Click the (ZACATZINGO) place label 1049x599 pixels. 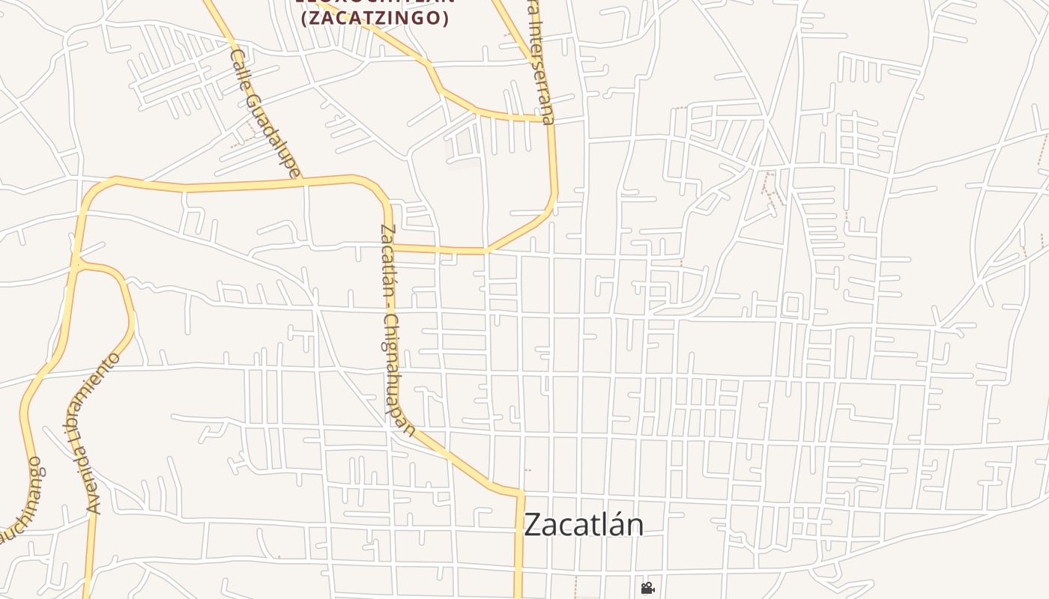[375, 18]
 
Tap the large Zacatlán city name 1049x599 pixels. [583, 524]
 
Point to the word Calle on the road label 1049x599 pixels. [241, 71]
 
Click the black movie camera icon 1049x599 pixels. [647, 589]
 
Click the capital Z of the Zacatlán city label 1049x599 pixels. [532, 524]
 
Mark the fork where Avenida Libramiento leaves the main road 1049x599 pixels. [76, 264]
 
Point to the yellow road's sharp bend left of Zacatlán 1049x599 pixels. [519, 493]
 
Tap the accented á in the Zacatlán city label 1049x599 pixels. [614, 524]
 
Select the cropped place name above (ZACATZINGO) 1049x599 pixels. [375, 2]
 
